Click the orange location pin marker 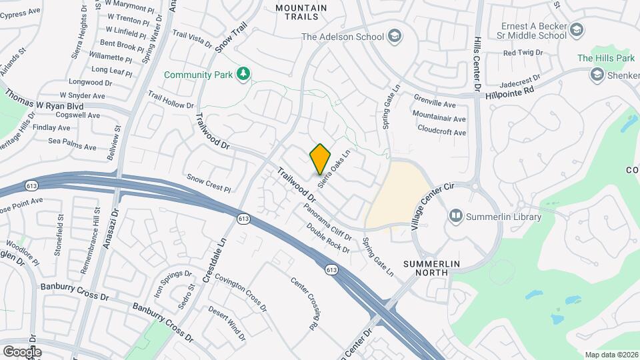tap(321, 159)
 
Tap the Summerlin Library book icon tap(456, 216)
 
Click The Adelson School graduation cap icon tap(394, 36)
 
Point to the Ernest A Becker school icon tap(577, 29)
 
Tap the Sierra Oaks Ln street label tap(335, 169)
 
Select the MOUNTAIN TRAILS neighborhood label tap(301, 12)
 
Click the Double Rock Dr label tap(328, 238)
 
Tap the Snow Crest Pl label tap(209, 183)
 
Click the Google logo tap(21, 351)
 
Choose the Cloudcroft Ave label tap(441, 132)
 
